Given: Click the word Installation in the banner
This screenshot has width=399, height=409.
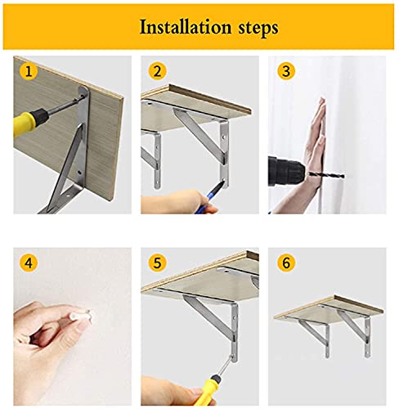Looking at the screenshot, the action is (186, 27).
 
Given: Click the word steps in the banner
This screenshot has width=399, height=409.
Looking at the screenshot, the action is (258, 29).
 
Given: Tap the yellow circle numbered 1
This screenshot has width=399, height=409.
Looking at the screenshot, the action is (29, 71).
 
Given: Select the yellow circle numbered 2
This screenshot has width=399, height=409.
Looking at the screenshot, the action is (157, 71).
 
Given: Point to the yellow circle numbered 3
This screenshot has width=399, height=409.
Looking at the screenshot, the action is (286, 71).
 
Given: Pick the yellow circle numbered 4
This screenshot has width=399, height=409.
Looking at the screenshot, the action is (29, 263).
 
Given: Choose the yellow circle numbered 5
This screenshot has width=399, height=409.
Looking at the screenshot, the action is (157, 263).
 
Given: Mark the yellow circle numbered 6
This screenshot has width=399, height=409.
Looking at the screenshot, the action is (286, 263).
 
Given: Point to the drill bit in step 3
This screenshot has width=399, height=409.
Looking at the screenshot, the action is (325, 174).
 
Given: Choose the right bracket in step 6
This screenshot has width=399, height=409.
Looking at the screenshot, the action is (356, 332).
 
